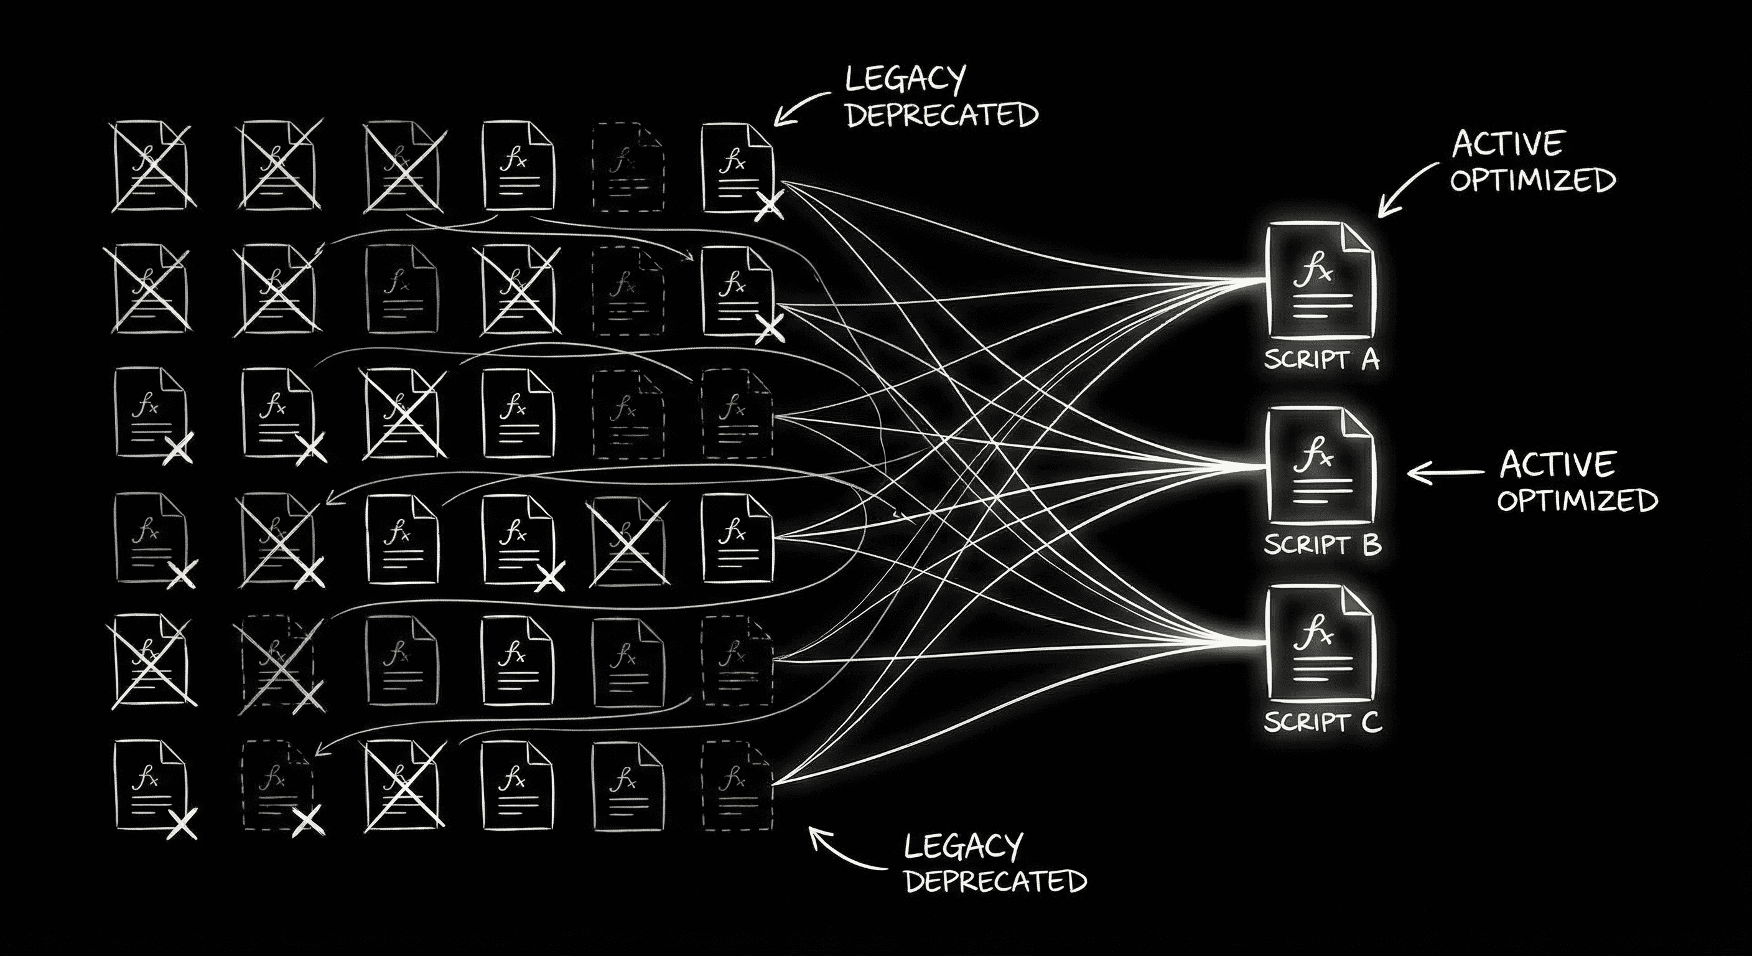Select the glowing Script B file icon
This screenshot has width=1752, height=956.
click(1320, 467)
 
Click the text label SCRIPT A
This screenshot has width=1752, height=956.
click(1321, 358)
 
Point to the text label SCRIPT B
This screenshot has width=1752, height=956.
click(1322, 545)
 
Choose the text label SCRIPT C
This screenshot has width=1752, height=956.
click(1322, 721)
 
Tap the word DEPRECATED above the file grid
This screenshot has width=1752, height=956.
click(941, 116)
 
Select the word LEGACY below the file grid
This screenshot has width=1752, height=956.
click(963, 847)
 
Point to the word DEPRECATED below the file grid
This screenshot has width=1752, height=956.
click(995, 881)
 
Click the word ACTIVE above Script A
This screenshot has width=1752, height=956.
click(1507, 144)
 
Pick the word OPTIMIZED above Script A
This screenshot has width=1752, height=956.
click(1532, 180)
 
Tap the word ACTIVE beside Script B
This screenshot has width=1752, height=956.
click(1556, 465)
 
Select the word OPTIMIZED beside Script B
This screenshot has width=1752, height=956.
click(1577, 501)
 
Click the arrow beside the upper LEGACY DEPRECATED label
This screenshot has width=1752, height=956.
click(803, 109)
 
